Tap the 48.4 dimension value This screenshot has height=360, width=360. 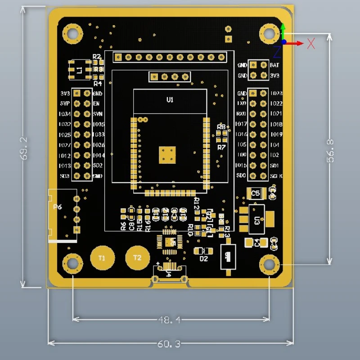169,320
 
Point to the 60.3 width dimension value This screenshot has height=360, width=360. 169,344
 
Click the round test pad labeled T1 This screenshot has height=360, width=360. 101,258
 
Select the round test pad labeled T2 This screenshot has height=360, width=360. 137,258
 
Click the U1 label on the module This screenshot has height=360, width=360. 170,100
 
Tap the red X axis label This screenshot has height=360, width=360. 311,44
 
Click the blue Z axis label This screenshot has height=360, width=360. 277,52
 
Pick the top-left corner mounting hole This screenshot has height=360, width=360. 72,33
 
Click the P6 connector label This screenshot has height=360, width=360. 58,207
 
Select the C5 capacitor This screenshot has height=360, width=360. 256,193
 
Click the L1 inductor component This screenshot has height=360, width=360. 79,70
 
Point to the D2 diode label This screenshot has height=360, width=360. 203,259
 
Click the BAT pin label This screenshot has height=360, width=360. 274,65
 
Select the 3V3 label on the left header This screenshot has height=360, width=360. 65,94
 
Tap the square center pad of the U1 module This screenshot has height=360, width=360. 167,154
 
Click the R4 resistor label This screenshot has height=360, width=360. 97,83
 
